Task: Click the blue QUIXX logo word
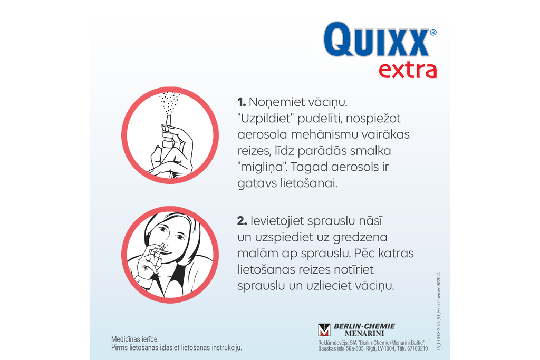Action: (x=377, y=39)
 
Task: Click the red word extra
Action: (x=408, y=71)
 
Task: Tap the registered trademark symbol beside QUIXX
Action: (x=433, y=32)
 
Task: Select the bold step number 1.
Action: (x=242, y=102)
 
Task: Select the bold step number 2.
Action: (x=242, y=221)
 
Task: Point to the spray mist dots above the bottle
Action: (x=169, y=102)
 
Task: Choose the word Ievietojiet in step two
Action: (x=277, y=221)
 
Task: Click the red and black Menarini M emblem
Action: (x=324, y=330)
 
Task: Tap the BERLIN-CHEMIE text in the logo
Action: (x=364, y=326)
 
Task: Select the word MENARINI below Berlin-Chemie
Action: (x=364, y=333)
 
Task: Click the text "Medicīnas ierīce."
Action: (x=135, y=339)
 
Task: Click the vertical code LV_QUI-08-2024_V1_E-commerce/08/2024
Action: (x=438, y=311)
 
